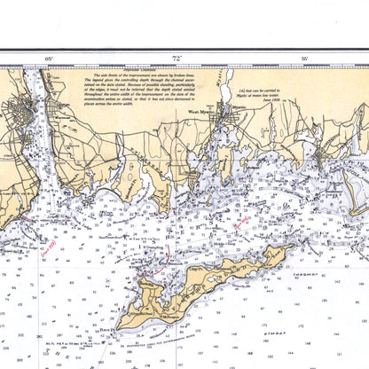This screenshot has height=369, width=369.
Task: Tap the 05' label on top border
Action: pyautogui.click(x=49, y=58)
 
